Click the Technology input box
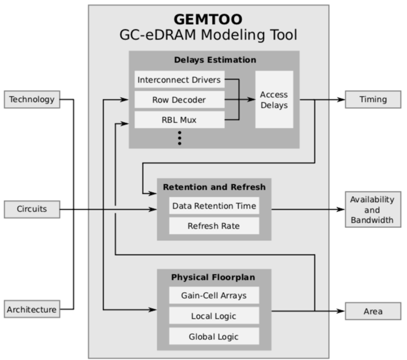point(31,100)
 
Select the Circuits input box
point(31,208)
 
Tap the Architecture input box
point(31,309)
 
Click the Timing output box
point(373,100)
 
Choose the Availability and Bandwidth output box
point(373,209)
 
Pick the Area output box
point(373,311)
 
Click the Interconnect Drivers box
point(179,80)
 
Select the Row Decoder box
point(179,100)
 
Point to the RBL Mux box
point(179,120)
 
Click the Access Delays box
point(274,100)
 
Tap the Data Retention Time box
point(213,206)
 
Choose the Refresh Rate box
point(213,226)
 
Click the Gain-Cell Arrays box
point(213,296)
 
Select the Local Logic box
point(213,316)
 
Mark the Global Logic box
point(213,336)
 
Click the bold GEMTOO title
point(208,18)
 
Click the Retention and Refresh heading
point(214,187)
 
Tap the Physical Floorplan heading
point(213,277)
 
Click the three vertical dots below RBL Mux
point(179,138)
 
